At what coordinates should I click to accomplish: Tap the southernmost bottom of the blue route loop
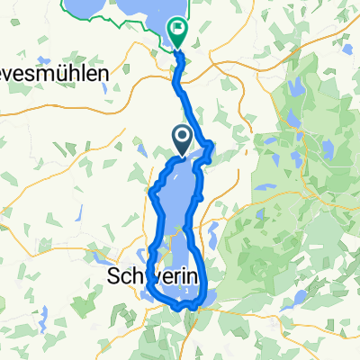(x=184, y=307)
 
